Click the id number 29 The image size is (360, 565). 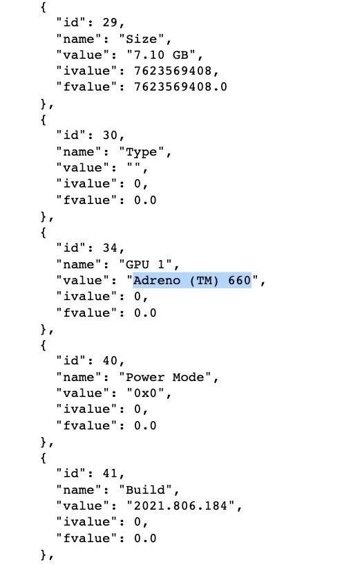coord(110,22)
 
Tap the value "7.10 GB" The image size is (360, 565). coord(161,55)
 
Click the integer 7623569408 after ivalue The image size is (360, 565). coord(173,71)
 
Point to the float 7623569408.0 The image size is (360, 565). coord(180,87)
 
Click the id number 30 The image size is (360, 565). coord(110,135)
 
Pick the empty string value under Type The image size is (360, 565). coord(133,167)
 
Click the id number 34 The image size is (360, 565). coord(110,248)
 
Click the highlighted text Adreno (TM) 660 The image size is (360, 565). coord(192,280)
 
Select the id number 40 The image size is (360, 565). coord(110,361)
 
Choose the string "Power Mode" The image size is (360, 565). coord(165,378)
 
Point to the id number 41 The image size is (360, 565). coord(110,474)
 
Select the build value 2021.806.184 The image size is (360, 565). coord(180,506)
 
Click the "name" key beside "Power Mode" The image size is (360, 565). coord(79,378)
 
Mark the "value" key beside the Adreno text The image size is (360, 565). coord(82,280)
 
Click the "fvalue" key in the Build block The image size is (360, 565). coord(86,538)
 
